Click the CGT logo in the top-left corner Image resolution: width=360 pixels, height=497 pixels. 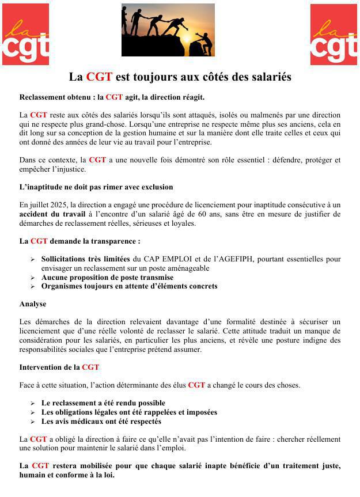25,35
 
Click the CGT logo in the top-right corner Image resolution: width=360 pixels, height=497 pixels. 334,35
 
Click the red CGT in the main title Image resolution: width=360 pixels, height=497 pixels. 98,77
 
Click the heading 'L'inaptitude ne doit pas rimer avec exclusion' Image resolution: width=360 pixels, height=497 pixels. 96,187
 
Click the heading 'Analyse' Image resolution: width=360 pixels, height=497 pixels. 33,304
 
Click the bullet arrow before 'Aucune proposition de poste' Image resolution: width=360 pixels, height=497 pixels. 33,278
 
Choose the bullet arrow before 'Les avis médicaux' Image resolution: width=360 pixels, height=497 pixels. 33,422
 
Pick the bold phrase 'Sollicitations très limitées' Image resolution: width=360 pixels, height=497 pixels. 86,259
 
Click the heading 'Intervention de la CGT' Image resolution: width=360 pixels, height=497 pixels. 59,367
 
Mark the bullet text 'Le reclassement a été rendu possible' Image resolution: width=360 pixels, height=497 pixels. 103,403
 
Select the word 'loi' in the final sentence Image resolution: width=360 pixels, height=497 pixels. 106,475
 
